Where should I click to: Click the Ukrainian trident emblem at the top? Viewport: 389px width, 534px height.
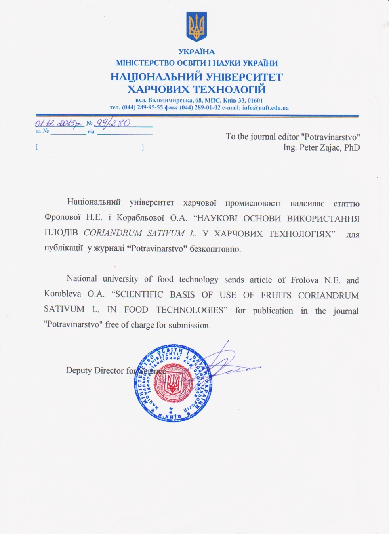[x=196, y=27]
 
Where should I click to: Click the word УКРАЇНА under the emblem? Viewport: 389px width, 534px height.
[x=196, y=52]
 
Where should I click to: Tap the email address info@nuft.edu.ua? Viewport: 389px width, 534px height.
[x=265, y=108]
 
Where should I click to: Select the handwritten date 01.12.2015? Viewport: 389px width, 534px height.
[x=59, y=123]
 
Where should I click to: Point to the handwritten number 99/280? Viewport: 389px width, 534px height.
[x=112, y=123]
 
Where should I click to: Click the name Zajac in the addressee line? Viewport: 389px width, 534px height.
[x=330, y=148]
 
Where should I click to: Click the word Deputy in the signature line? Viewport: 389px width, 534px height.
[x=78, y=370]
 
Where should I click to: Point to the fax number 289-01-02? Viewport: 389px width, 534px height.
[x=207, y=108]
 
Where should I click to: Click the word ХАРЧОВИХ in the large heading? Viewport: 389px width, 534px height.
[x=158, y=89]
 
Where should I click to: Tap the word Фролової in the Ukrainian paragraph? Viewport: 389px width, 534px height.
[x=63, y=218]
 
